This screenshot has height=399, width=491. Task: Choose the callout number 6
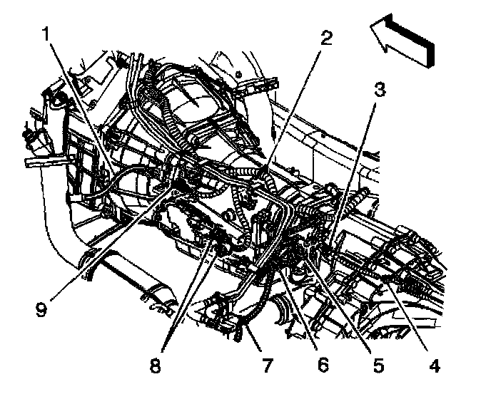pyautogui.click(x=323, y=367)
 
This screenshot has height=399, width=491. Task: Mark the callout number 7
pyautogui.click(x=267, y=368)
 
